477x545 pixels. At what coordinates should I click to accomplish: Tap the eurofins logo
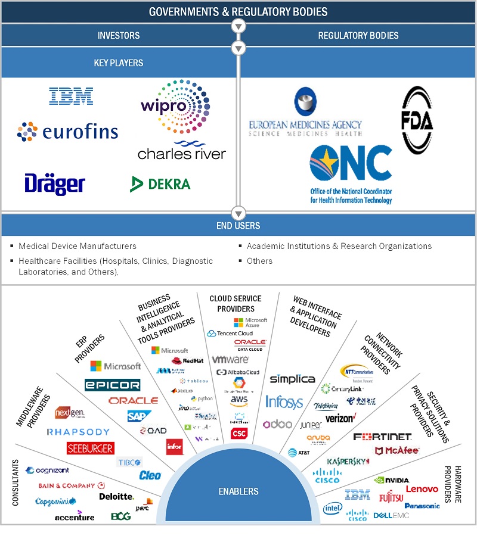pos(67,131)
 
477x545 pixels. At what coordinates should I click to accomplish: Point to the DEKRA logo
pos(160,183)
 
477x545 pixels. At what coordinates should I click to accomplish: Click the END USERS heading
pos(238,226)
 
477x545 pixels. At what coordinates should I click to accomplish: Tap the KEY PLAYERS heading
pos(119,63)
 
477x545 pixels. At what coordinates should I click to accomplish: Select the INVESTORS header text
pos(119,36)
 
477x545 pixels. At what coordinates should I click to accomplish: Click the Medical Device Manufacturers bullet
pos(78,246)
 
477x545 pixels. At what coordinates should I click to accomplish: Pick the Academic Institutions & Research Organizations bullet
pos(339,246)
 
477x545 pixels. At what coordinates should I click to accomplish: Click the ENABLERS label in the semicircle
pos(238,491)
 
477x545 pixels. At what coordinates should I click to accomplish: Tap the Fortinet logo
pos(382,437)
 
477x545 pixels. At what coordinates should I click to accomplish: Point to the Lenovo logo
pos(422,489)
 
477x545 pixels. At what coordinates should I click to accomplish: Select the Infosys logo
pos(284,401)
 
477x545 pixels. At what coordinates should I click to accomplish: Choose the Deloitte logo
pos(116,496)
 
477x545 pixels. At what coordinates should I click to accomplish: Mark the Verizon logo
pos(340,418)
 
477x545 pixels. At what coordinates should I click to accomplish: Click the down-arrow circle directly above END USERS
pos(238,213)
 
